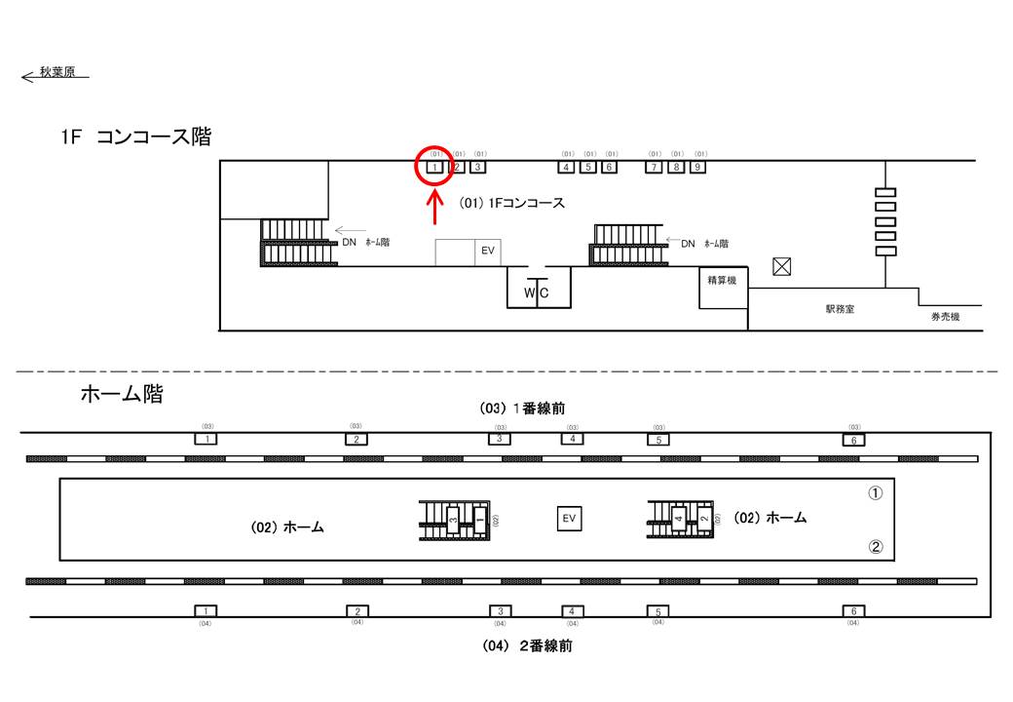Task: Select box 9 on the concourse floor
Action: point(697,167)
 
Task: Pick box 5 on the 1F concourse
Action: point(587,167)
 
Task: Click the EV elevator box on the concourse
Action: point(488,251)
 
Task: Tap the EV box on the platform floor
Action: point(569,519)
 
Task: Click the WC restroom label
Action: point(537,292)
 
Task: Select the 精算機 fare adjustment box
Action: point(723,281)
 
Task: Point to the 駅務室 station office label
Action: point(839,309)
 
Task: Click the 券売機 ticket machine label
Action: point(944,317)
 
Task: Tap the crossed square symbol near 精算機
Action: point(780,265)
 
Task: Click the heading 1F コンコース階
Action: point(134,137)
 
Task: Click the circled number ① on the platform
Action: point(875,493)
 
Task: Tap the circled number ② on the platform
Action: point(875,547)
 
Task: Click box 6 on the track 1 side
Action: point(853,439)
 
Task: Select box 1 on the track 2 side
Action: point(206,611)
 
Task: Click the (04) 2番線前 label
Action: point(526,645)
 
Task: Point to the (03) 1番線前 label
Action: point(522,409)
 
